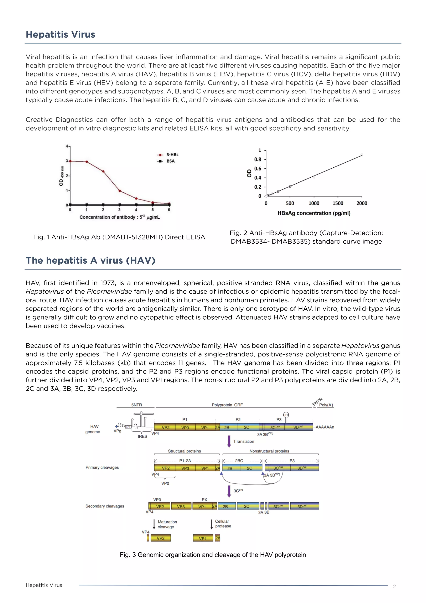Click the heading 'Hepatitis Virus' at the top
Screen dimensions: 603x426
click(x=60, y=34)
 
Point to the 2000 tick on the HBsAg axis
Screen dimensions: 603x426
click(x=362, y=203)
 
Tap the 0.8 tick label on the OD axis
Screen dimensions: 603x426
click(x=258, y=159)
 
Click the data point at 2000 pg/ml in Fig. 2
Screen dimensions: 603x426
click(x=362, y=155)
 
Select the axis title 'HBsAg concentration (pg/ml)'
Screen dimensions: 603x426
click(x=314, y=213)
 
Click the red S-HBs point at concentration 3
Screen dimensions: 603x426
click(x=120, y=191)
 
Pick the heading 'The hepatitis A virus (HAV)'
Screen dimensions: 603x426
click(x=90, y=260)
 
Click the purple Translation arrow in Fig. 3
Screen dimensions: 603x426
click(x=229, y=441)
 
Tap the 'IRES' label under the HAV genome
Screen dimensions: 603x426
click(x=142, y=436)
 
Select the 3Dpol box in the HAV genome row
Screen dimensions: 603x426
click(x=298, y=427)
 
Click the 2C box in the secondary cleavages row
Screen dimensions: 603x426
click(x=246, y=506)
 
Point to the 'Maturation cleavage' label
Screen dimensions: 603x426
click(x=167, y=524)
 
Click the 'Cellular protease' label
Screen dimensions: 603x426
click(x=223, y=524)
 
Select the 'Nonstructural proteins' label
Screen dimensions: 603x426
click(x=269, y=451)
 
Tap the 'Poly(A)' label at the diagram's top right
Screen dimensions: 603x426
click(x=326, y=405)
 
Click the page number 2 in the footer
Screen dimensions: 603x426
click(x=394, y=587)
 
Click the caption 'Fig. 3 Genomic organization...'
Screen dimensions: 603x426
click(x=213, y=555)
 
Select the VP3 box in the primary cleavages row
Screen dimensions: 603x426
click(x=185, y=468)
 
